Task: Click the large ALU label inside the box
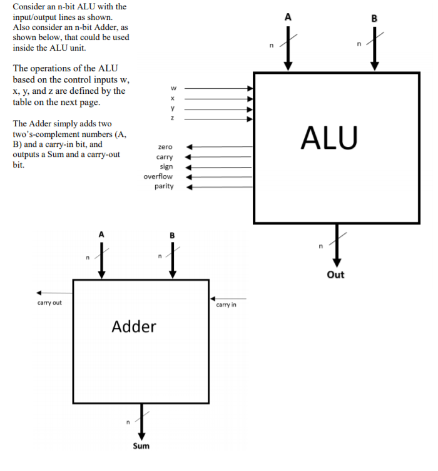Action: point(329,137)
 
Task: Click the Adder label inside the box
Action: point(134,326)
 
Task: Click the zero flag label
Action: point(165,146)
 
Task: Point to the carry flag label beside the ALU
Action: point(165,156)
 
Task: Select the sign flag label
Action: point(166,166)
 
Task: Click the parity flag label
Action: point(164,186)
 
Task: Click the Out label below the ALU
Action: point(335,275)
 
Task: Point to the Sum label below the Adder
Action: point(141,446)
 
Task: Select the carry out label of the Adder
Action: point(49,303)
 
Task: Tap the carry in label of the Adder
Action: point(226,305)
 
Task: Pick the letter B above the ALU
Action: point(374,18)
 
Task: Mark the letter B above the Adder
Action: point(173,235)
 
